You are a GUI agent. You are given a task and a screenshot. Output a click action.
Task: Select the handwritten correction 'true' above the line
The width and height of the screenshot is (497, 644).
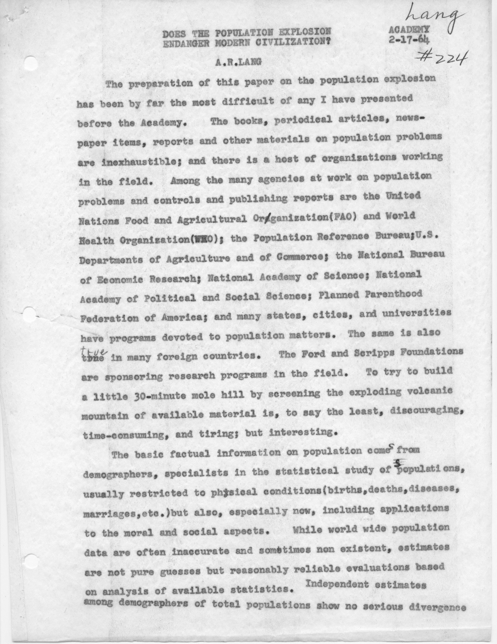tap(93, 351)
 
